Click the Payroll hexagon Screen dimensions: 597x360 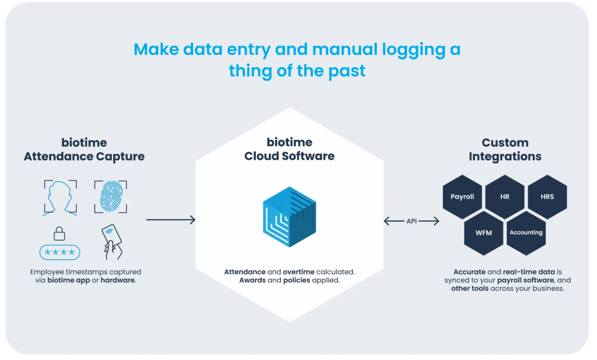(462, 197)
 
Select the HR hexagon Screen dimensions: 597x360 (505, 197)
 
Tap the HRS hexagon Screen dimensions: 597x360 (548, 197)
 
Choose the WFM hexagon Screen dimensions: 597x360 (484, 233)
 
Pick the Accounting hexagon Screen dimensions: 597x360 (526, 233)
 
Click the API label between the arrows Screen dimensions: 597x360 (412, 221)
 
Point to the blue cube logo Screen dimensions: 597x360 (290, 217)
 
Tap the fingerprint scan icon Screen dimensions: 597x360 (111, 197)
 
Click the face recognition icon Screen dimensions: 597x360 (60, 198)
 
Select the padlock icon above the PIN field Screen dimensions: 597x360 (59, 234)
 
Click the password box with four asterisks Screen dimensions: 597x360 (59, 253)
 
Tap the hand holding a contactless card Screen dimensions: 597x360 (112, 242)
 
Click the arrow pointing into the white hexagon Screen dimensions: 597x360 (171, 220)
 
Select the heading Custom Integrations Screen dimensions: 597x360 (505, 150)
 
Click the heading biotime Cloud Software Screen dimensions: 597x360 (290, 149)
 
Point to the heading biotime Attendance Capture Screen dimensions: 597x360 (84, 150)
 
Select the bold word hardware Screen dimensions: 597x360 (118, 280)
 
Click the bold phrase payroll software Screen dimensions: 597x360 (526, 280)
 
